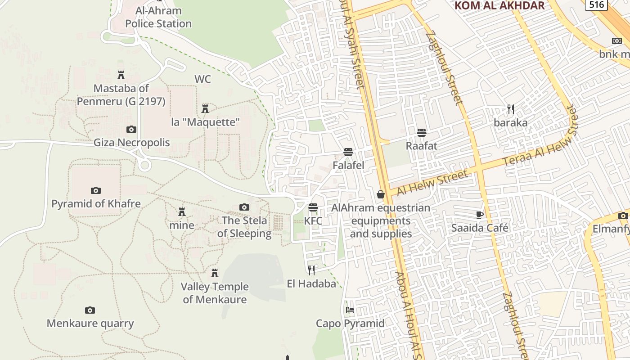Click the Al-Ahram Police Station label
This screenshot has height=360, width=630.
click(158, 17)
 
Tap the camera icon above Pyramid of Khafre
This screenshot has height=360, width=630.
click(96, 190)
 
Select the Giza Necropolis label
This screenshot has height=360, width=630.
click(131, 143)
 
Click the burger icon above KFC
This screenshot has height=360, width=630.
click(313, 207)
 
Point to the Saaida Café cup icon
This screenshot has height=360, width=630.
click(480, 215)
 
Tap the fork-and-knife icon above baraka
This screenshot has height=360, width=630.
click(510, 109)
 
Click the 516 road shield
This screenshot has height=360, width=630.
click(596, 4)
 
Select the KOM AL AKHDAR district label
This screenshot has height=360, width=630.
click(499, 6)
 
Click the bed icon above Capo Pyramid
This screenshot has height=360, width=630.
click(350, 310)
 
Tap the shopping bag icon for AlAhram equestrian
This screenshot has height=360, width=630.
click(381, 194)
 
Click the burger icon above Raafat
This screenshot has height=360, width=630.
click(422, 133)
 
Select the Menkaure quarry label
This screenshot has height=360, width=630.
click(90, 323)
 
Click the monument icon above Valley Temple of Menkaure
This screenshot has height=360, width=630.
click(215, 273)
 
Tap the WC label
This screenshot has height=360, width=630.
click(202, 79)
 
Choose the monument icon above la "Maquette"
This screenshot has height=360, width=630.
click(205, 108)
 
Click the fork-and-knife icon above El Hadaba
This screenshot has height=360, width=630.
click(311, 270)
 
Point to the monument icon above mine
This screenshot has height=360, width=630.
click(182, 211)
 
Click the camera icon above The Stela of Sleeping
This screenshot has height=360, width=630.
click(244, 207)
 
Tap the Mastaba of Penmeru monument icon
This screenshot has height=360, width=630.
click(121, 75)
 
